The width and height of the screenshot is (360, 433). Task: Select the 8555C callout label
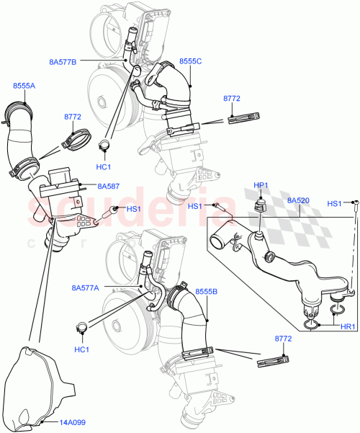192,63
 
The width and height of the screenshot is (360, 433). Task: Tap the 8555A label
23,86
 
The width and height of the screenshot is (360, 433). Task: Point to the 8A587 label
109,186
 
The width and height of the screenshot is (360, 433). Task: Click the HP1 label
261,184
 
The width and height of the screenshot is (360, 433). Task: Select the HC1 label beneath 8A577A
82,349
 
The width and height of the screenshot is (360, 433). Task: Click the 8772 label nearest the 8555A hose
73,116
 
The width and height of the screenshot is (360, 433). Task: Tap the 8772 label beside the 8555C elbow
232,99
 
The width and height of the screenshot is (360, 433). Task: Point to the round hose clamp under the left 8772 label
76,137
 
